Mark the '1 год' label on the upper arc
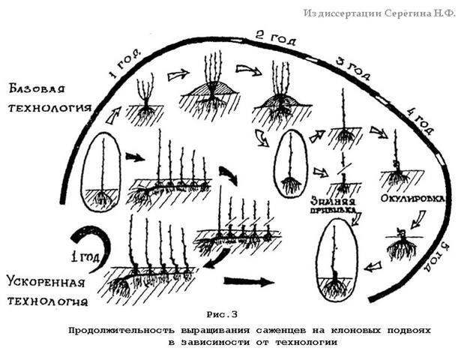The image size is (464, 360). click(124, 65)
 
